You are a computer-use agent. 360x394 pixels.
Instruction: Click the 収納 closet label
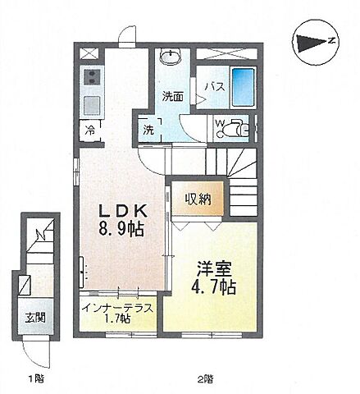click(x=197, y=199)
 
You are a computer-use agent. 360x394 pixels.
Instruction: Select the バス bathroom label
click(x=214, y=85)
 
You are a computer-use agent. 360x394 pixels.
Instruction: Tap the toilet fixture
click(x=239, y=128)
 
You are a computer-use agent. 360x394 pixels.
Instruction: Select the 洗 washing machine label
click(x=148, y=129)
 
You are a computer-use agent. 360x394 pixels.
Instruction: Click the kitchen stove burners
click(x=91, y=80)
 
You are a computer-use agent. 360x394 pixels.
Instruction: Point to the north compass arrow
click(x=315, y=41)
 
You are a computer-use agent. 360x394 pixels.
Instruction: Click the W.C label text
click(x=219, y=126)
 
